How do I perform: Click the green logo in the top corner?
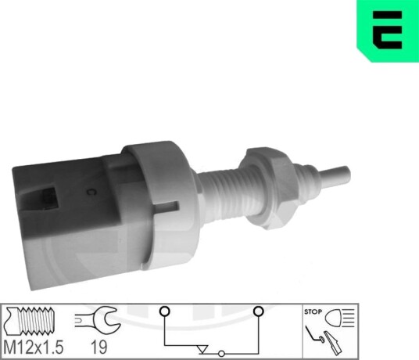pos(388,30)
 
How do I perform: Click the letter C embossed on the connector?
pos(91,192)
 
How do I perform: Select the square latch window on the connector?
pos(49,199)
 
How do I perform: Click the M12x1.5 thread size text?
pos(34,347)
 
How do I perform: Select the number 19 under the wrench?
pos(98,347)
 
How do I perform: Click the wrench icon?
pos(98,319)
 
